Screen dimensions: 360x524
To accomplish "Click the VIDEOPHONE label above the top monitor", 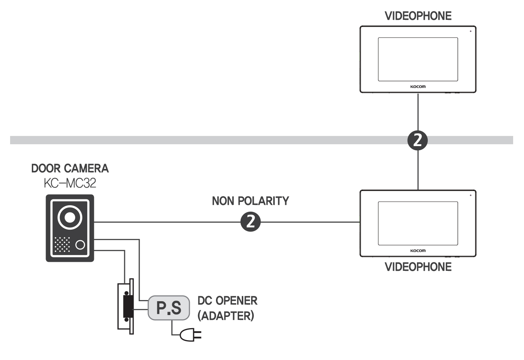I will (x=418, y=16).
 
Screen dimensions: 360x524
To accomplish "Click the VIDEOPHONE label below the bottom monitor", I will (x=418, y=267).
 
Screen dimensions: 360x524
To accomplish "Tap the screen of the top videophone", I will (x=418, y=59).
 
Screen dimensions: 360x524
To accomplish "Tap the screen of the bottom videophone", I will (x=418, y=223).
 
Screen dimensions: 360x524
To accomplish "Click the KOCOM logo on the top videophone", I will (x=418, y=87).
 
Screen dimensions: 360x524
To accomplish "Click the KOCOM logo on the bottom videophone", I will (x=418, y=251).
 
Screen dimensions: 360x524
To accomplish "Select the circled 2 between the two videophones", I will (x=417, y=140).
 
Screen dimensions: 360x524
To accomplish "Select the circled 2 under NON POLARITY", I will (x=250, y=221).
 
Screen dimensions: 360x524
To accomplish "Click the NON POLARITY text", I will (x=250, y=201).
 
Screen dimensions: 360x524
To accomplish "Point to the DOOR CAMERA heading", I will (x=70, y=169).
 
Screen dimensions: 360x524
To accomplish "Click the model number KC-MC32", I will (x=70, y=183).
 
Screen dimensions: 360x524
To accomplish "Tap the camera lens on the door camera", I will (x=70, y=217).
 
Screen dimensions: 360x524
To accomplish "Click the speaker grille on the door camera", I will (x=62, y=245).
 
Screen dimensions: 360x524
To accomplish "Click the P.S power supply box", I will (x=169, y=308).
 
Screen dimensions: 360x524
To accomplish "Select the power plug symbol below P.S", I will (x=191, y=335).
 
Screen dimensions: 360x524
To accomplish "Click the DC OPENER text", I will (x=227, y=301).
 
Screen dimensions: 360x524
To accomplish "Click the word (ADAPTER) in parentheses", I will (x=226, y=316).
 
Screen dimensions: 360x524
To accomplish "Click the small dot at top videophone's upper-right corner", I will (x=470, y=31).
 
